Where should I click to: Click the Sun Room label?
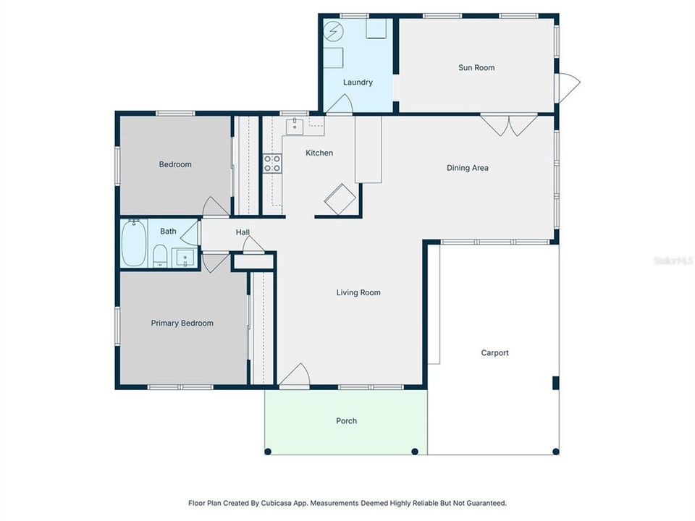click(476, 68)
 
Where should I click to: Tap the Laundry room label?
click(358, 82)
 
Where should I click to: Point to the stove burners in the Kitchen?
click(272, 164)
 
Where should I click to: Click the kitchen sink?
click(294, 126)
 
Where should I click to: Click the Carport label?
click(495, 353)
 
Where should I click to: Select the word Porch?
click(346, 421)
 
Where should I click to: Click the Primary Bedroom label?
click(182, 323)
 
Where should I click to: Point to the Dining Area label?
click(467, 168)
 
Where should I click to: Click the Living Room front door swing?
click(295, 376)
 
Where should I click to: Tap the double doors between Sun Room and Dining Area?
click(509, 125)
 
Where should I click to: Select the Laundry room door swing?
click(338, 104)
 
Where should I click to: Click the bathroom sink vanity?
click(184, 258)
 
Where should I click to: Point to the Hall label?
click(243, 232)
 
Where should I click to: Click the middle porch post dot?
click(415, 452)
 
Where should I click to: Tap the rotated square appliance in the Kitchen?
click(340, 199)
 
